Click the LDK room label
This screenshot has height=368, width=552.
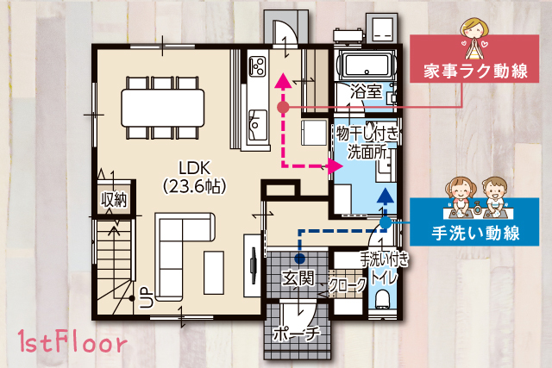tap(195, 168)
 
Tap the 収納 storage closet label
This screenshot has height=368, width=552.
tap(113, 200)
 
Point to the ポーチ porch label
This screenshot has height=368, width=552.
tap(297, 334)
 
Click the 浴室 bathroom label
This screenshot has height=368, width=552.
tap(366, 91)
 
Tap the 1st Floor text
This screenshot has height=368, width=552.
tap(72, 341)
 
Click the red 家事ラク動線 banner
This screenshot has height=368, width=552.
tap(474, 59)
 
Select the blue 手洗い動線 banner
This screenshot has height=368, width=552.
tap(474, 221)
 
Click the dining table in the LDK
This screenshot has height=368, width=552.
tap(163, 108)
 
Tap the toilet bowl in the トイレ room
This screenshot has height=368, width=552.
tap(382, 299)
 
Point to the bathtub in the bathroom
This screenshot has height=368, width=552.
tap(366, 65)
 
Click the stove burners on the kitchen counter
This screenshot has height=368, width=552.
tap(257, 67)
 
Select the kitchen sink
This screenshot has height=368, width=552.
tap(257, 125)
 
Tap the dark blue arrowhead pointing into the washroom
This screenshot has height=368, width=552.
tap(386, 196)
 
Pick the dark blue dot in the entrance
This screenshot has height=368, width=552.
tap(299, 259)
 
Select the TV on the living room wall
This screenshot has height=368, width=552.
tap(253, 265)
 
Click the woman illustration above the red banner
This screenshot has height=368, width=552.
tap(474, 39)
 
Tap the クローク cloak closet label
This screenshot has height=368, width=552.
tap(348, 284)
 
